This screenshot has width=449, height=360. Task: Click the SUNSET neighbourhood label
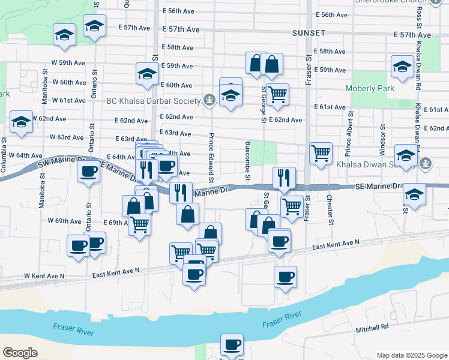(309, 32)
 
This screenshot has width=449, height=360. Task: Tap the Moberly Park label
(370, 89)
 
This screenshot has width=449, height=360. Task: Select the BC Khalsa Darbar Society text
(154, 100)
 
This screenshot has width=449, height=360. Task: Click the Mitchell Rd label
(372, 328)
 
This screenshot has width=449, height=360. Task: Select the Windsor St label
(382, 138)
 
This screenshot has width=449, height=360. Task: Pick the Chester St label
(330, 209)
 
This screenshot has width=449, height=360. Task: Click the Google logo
(20, 353)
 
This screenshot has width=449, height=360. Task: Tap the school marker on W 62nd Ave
(21, 122)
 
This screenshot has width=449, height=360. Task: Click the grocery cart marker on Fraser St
(321, 153)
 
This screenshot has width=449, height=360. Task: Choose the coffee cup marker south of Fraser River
(231, 345)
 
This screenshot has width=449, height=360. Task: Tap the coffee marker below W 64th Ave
(88, 172)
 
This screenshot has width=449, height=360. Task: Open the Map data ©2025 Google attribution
(411, 355)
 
